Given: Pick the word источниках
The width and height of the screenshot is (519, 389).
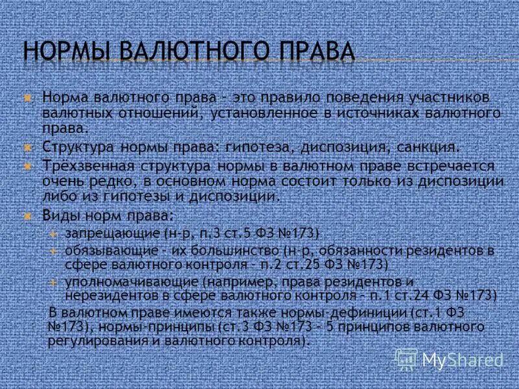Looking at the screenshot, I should [x=376, y=112].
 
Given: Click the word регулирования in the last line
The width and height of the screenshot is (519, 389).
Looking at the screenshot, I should [x=88, y=340].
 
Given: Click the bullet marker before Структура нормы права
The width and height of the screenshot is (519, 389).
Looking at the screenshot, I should [x=28, y=146].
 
